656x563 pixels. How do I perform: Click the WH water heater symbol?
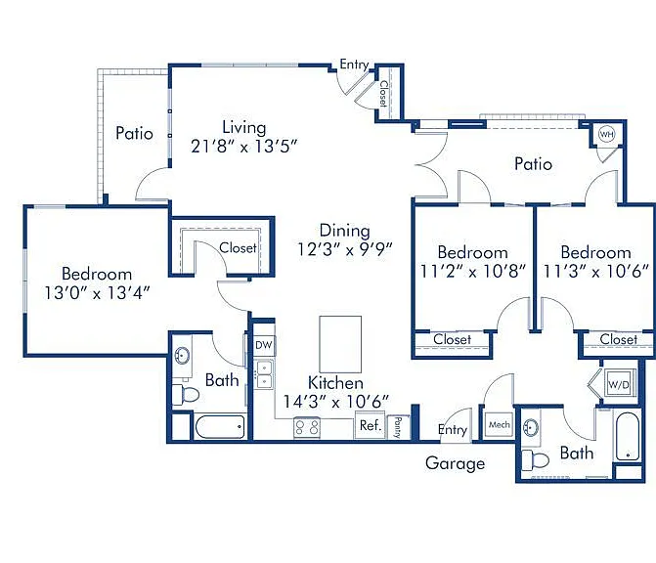pos(606,134)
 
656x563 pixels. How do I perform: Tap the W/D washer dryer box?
pos(619,384)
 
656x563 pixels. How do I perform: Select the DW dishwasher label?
pos(264,345)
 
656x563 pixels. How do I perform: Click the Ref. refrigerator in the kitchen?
pos(371,425)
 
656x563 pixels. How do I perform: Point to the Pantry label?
pos(398,427)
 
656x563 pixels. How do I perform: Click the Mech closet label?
pos(500,424)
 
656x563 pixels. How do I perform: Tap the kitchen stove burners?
pos(307,428)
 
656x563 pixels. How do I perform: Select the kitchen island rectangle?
pos(340,344)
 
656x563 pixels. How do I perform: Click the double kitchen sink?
pos(264,374)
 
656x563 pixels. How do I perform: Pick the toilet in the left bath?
pos(186,395)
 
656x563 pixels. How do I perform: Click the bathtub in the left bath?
pos(220,426)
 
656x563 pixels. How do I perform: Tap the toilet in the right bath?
pos(535,460)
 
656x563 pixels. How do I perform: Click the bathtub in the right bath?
pos(627,436)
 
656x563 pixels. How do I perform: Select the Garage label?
pos(456,463)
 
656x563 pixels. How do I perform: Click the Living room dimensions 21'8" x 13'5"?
pos(244,147)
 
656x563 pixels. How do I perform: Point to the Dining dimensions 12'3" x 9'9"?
pos(345,249)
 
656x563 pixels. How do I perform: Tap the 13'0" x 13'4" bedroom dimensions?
pos(97,293)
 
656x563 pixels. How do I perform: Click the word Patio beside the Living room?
pos(134,134)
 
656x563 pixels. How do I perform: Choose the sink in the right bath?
pos(531,428)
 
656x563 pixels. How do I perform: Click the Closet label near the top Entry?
pos(383,94)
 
